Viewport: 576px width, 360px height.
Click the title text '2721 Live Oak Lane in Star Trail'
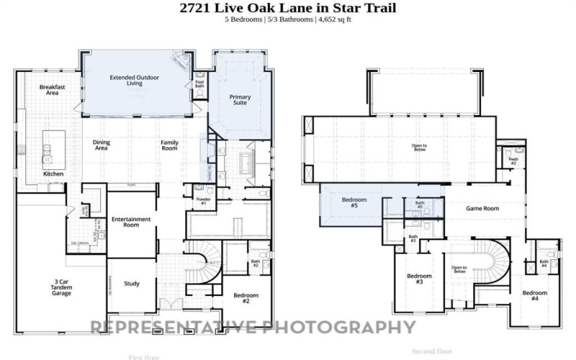click(287, 8)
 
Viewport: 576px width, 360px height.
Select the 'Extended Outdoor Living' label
click(135, 80)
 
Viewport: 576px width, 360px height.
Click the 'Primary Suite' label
click(239, 99)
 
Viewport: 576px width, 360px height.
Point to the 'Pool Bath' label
click(200, 84)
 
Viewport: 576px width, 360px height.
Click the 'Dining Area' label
click(102, 145)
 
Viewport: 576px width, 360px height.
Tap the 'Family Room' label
click(168, 145)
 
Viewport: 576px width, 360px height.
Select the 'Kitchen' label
click(53, 174)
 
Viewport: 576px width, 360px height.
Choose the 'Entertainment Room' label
click(131, 222)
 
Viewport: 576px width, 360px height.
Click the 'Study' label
click(132, 283)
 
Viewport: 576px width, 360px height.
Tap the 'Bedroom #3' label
click(419, 279)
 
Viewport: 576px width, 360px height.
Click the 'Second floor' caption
click(432, 351)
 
